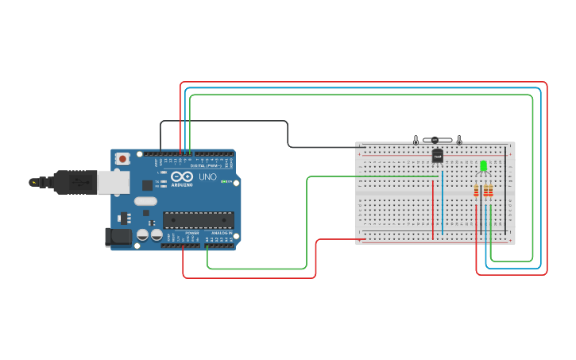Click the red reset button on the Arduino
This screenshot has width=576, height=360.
[x=122, y=159]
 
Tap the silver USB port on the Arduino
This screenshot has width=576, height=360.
[x=113, y=183]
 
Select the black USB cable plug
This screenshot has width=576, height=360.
[x=75, y=182]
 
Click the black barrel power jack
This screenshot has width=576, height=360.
[x=118, y=236]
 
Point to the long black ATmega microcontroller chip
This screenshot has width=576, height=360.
[x=198, y=219]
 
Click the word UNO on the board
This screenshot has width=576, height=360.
[x=207, y=176]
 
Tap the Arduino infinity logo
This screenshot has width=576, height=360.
[x=182, y=176]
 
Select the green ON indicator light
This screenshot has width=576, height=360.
[x=225, y=182]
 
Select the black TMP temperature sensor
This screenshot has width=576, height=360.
[x=437, y=157]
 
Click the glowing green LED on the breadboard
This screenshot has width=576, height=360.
[x=483, y=166]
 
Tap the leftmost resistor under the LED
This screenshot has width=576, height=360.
[x=477, y=191]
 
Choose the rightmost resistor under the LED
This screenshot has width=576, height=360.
[x=489, y=191]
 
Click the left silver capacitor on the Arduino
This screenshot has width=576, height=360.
[x=143, y=235]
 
